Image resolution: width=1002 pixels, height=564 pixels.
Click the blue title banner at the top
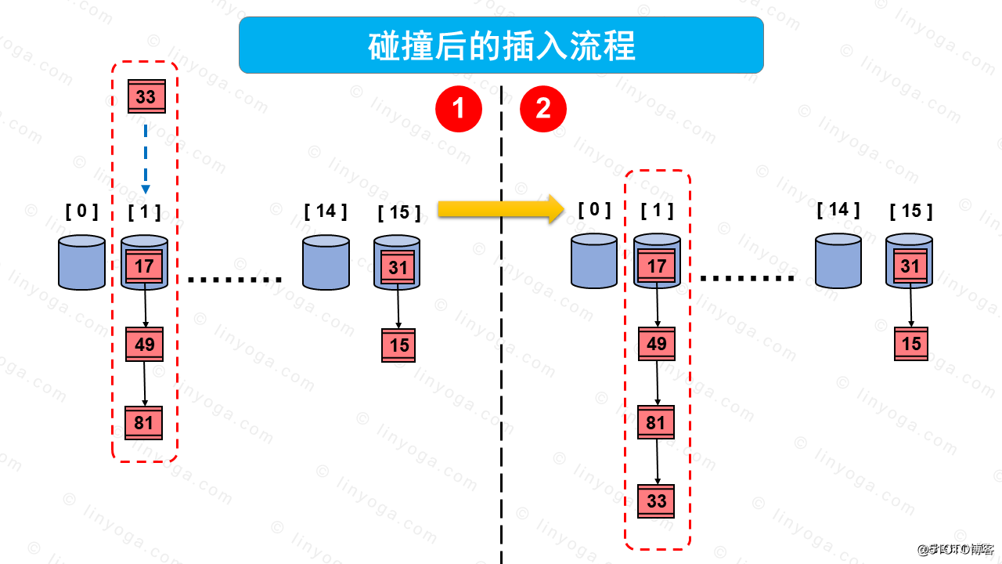[501, 45]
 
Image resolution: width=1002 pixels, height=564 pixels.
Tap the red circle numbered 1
[458, 109]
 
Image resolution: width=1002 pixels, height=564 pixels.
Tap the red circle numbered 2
[543, 109]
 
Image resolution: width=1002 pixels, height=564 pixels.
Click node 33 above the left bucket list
[146, 97]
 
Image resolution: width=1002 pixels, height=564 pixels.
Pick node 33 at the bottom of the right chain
[656, 501]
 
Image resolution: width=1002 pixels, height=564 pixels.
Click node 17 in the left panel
[144, 266]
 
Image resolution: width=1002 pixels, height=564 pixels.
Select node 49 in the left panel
[145, 345]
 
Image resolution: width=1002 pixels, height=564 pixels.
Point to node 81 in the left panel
[144, 424]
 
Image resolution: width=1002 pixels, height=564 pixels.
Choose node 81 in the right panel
[656, 424]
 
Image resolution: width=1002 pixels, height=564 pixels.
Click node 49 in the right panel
[657, 344]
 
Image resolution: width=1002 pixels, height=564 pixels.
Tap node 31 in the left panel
[398, 268]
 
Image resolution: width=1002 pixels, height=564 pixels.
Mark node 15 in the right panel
[911, 344]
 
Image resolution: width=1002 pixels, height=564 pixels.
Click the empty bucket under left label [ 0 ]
[81, 263]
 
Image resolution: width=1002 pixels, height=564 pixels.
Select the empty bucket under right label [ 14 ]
[838, 262]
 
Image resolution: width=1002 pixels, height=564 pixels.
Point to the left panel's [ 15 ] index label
[398, 213]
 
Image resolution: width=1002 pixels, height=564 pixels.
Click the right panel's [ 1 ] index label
[657, 210]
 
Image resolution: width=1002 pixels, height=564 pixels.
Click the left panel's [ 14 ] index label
[326, 211]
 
